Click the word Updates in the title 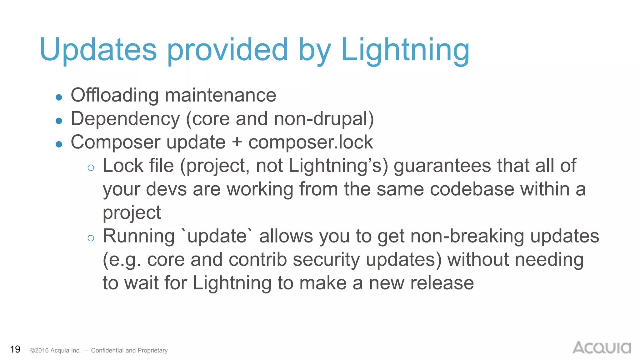point(98,50)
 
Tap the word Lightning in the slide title point(405,50)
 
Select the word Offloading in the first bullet point(115,95)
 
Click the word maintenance point(221,95)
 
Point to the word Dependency point(125,119)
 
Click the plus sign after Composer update point(237,142)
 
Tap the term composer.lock point(311,142)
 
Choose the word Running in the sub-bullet point(139,236)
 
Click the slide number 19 point(15,349)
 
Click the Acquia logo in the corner point(602,347)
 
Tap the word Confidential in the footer point(107,350)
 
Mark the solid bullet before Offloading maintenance point(59,97)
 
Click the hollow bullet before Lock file point(91,168)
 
